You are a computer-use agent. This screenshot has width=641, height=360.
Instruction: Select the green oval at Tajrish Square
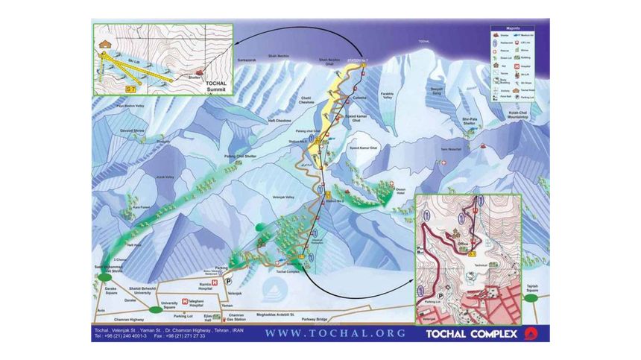point(531,297)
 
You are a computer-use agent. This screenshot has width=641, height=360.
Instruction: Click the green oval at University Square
point(154,309)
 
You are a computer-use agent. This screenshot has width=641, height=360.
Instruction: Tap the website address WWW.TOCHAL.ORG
point(335,333)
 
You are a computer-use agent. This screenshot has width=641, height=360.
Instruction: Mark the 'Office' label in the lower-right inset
point(464,242)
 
